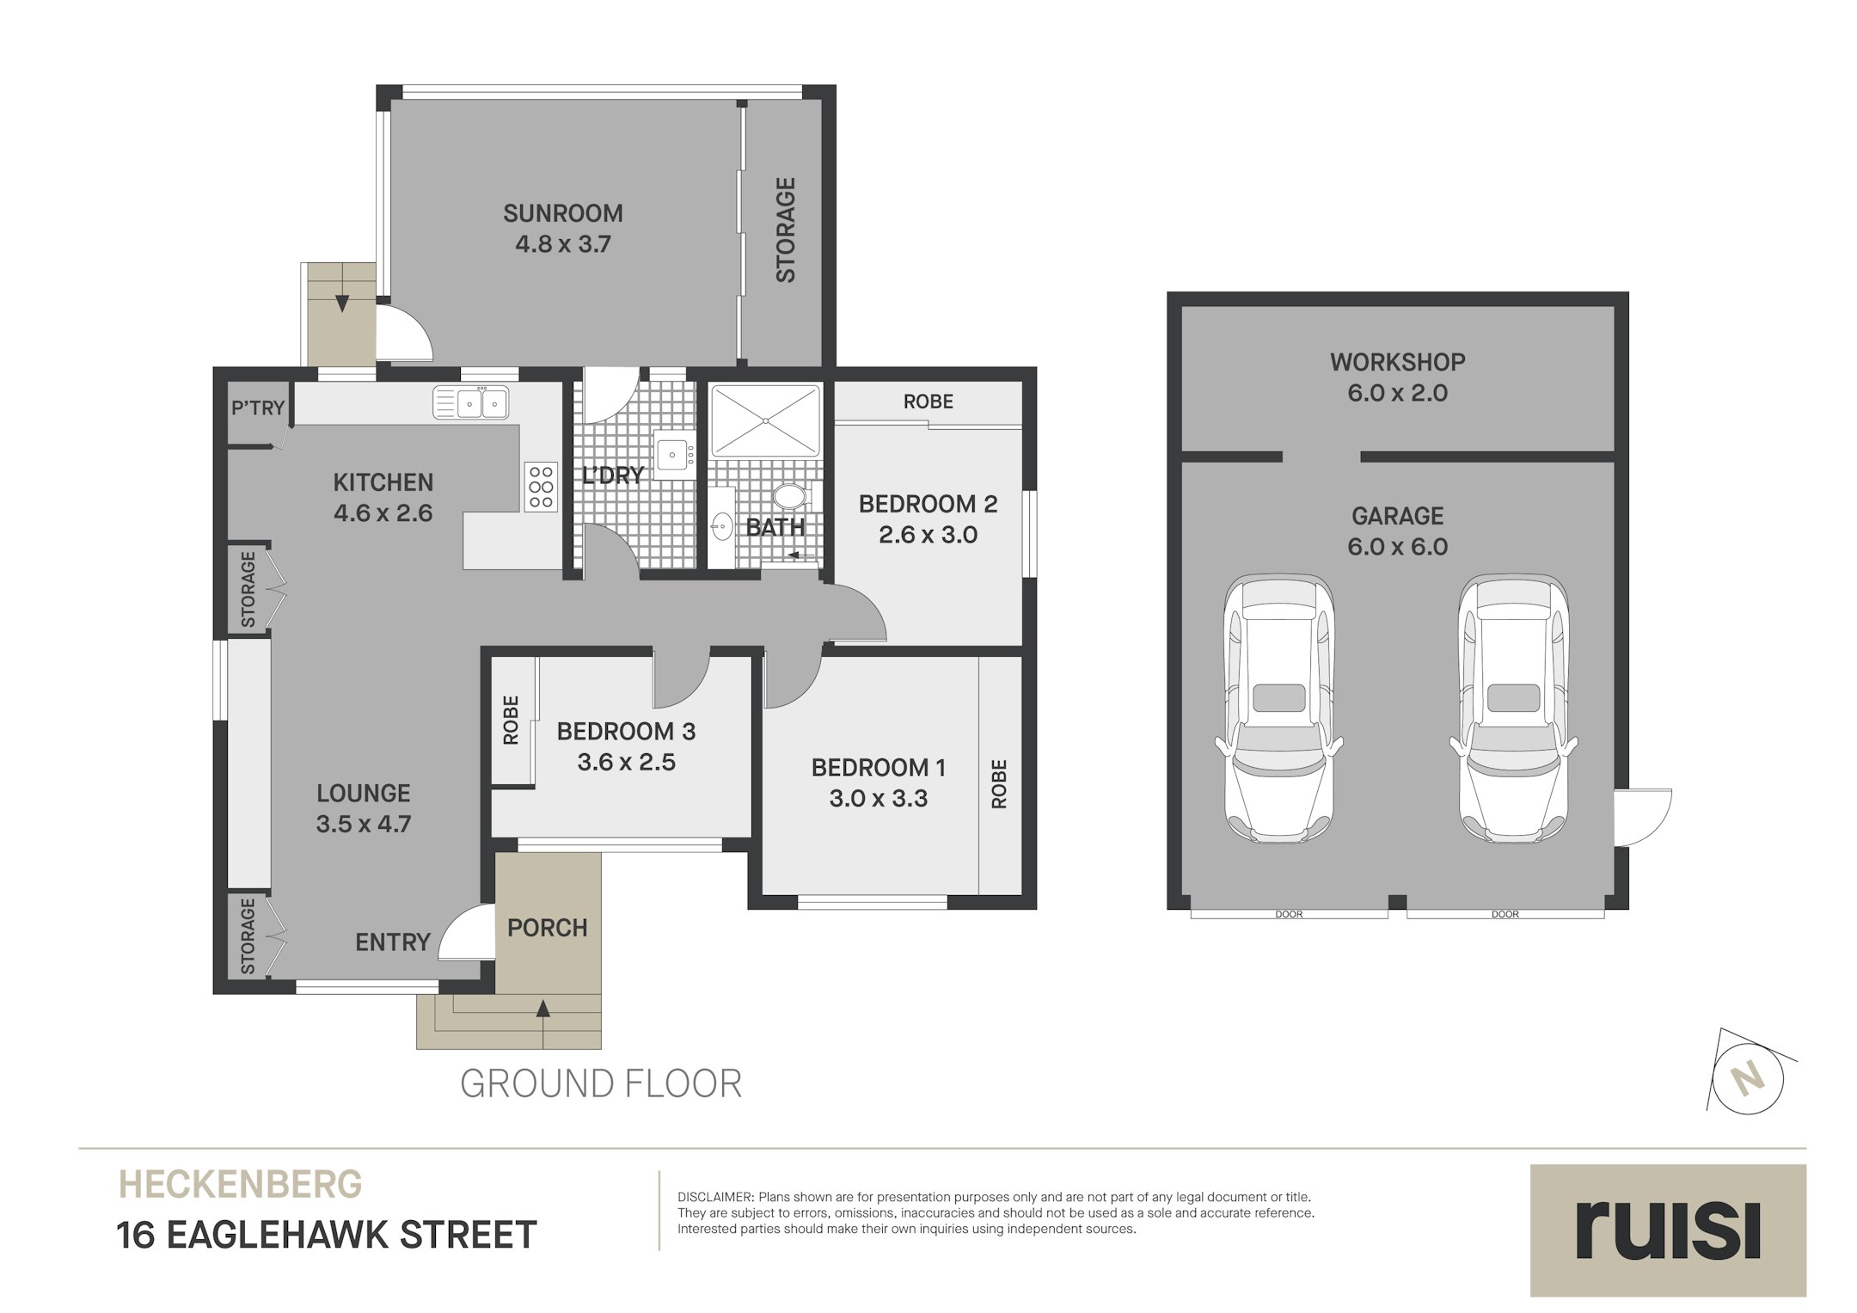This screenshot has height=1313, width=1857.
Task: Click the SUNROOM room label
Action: point(562,213)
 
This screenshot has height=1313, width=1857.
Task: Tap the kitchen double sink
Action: point(470,402)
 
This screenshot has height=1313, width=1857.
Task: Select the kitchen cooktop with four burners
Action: point(541,487)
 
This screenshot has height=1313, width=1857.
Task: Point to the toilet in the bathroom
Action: point(789,496)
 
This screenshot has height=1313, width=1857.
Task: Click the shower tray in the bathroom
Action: point(764,420)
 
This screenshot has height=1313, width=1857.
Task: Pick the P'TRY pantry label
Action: point(257,408)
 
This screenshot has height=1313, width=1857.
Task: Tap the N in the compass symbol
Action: point(1746,1078)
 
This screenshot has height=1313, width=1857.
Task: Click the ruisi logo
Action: point(1667,1230)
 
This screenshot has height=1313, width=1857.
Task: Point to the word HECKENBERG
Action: point(240,1185)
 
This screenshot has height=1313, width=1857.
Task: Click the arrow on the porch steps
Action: point(542,1009)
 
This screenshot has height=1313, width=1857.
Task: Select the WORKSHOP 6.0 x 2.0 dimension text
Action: point(1397,393)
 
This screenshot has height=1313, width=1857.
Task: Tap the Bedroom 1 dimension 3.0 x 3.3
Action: point(878,799)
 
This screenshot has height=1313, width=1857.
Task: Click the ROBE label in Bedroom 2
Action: point(928,402)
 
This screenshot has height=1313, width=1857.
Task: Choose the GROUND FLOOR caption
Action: point(600,1083)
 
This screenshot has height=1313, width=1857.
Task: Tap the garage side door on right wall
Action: point(1642,817)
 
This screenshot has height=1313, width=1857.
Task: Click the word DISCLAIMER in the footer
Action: point(715,1197)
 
